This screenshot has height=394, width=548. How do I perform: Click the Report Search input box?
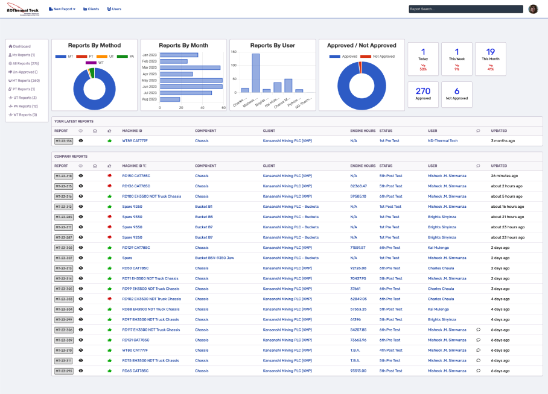(x=465, y=9)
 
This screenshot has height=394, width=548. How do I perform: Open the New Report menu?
(x=62, y=9)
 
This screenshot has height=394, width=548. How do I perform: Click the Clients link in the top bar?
(x=91, y=9)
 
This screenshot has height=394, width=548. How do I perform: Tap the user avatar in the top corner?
(x=533, y=9)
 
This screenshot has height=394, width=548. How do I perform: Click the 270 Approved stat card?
(x=423, y=94)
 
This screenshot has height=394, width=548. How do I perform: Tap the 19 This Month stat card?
(x=491, y=58)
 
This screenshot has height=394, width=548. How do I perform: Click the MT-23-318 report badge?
(x=63, y=176)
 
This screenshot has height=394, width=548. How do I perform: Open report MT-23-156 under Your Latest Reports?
(x=63, y=141)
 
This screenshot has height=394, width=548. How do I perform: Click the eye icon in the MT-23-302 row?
(x=81, y=248)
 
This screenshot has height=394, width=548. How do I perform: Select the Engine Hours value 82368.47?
(x=358, y=186)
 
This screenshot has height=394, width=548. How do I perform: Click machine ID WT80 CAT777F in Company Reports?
(x=135, y=350)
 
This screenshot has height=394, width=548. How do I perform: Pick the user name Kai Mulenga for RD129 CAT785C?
(x=438, y=248)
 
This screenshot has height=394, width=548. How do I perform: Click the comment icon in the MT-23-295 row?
(x=478, y=371)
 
